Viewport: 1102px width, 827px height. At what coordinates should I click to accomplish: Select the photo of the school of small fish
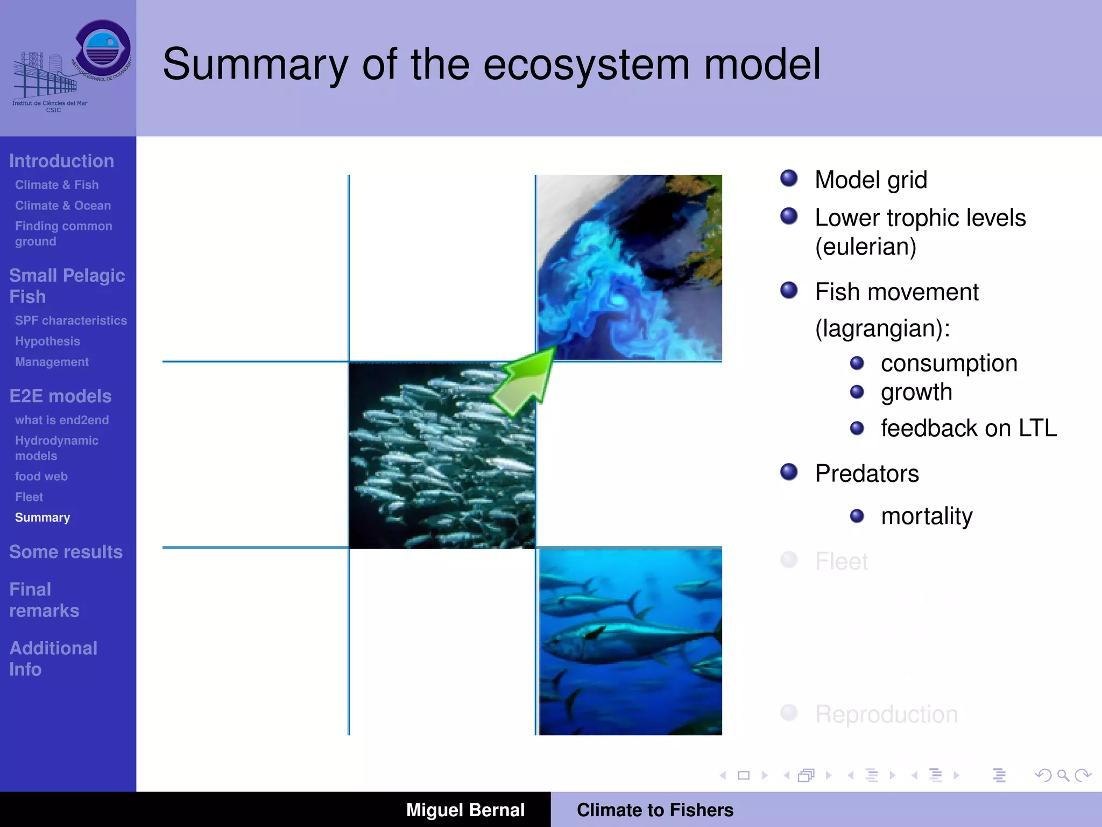tap(442, 455)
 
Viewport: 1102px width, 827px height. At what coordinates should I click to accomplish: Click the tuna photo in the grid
tap(630, 641)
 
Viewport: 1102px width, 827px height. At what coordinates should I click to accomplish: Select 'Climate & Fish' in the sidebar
tap(57, 185)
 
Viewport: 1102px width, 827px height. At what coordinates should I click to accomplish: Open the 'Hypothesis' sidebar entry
tap(47, 341)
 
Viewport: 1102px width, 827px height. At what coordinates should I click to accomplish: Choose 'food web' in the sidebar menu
tap(41, 476)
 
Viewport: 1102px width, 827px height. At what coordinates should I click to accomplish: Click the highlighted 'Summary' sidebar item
tap(43, 517)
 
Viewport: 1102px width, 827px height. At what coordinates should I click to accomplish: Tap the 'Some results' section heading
tap(66, 552)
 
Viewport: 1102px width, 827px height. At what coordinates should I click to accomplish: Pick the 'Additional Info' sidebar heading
tap(53, 658)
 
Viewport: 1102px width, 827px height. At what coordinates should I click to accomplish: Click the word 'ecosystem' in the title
tap(587, 65)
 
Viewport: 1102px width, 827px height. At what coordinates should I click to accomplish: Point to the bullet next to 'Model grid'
tap(789, 178)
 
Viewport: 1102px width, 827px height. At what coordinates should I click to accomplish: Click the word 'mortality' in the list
tap(927, 516)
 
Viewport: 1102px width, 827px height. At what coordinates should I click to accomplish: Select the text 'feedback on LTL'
tap(969, 429)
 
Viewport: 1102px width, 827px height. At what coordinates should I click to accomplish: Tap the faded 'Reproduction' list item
tap(886, 714)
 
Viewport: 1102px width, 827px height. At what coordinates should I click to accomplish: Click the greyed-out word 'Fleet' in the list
tap(842, 562)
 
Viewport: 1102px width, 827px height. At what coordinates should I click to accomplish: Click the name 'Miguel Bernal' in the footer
tap(465, 810)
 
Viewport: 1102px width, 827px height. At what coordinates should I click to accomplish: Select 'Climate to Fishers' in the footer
tap(655, 810)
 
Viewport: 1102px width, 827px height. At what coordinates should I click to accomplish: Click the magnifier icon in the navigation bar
tap(1062, 775)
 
